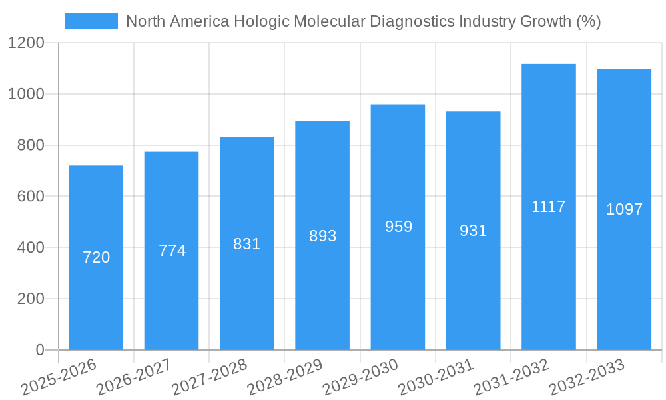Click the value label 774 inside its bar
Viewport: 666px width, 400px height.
coord(172,251)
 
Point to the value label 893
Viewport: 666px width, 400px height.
coord(322,236)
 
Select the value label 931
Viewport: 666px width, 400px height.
coord(473,231)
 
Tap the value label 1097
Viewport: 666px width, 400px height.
coord(624,209)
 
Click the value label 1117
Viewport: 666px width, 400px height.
coord(548,207)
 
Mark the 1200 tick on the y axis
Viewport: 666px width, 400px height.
coord(26,43)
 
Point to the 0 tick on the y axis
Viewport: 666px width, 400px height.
coord(39,350)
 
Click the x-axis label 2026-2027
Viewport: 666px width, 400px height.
coord(133,377)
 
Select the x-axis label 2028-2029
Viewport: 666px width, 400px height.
coord(284,377)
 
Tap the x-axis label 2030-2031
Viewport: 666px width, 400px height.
coord(436,377)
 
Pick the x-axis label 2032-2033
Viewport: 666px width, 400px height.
coord(586,377)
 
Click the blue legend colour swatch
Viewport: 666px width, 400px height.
coord(91,21)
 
